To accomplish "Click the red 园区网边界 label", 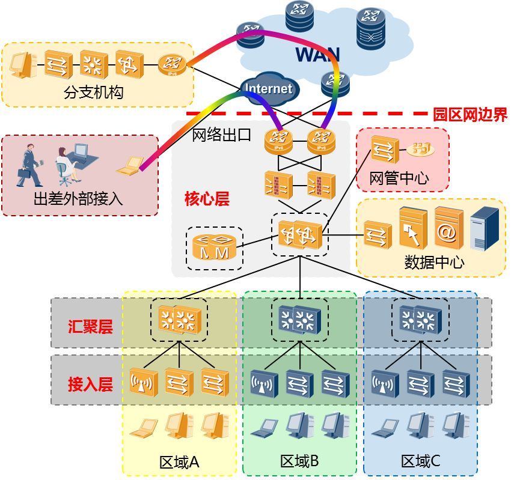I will pyautogui.click(x=470, y=114).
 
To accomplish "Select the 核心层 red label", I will pyautogui.click(x=207, y=199).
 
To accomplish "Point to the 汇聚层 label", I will pyautogui.click(x=90, y=327).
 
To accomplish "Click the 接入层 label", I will pyautogui.click(x=90, y=384).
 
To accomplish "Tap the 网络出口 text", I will pyautogui.click(x=221, y=135).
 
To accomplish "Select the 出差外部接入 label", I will pyautogui.click(x=78, y=199).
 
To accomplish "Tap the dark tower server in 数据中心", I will pyautogui.click(x=485, y=228).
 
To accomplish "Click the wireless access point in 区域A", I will pyautogui.click(x=144, y=383).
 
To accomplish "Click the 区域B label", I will pyautogui.click(x=299, y=461).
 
